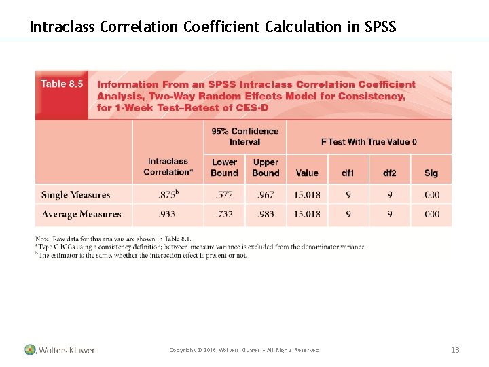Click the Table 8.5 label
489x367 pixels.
(62, 84)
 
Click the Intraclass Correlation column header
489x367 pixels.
(168, 167)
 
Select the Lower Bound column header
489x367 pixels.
(224, 167)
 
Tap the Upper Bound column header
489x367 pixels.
(266, 167)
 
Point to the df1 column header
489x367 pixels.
(348, 173)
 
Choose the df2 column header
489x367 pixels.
(389, 173)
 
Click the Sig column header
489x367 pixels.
(431, 173)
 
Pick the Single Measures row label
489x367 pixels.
(76, 195)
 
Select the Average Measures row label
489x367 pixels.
(81, 215)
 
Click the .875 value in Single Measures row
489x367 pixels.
(166, 194)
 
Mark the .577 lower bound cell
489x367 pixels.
(224, 195)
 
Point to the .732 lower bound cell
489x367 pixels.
(224, 215)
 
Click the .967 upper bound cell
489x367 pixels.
(266, 195)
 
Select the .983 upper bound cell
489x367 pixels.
(266, 215)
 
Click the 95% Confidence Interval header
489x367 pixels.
(244, 137)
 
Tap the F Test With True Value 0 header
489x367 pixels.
(369, 141)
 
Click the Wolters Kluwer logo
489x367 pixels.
(60, 350)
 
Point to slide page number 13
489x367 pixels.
(455, 350)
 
